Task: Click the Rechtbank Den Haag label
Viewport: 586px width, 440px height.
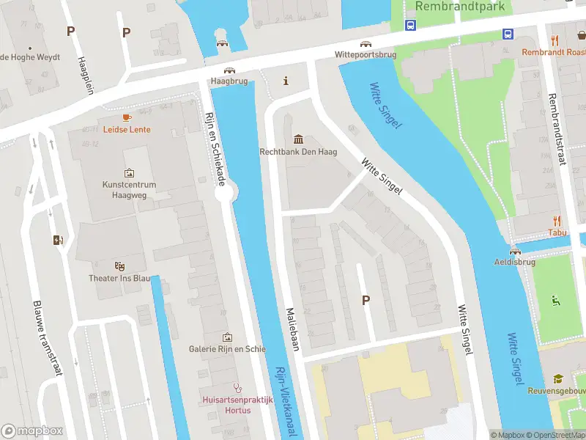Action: (298, 153)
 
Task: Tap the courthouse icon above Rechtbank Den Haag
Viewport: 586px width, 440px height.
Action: (298, 139)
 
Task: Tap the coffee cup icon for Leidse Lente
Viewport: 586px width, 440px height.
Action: (126, 117)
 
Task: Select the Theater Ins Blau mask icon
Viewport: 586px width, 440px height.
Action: (119, 265)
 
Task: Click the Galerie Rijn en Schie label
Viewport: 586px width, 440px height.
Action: (227, 349)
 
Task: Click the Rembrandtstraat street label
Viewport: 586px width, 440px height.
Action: (556, 129)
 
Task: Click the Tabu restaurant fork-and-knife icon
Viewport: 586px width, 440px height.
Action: (557, 219)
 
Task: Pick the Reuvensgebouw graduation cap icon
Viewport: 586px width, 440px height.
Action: (558, 378)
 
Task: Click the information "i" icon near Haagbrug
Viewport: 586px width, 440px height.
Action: (286, 81)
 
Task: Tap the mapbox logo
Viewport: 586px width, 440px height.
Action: (32, 431)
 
